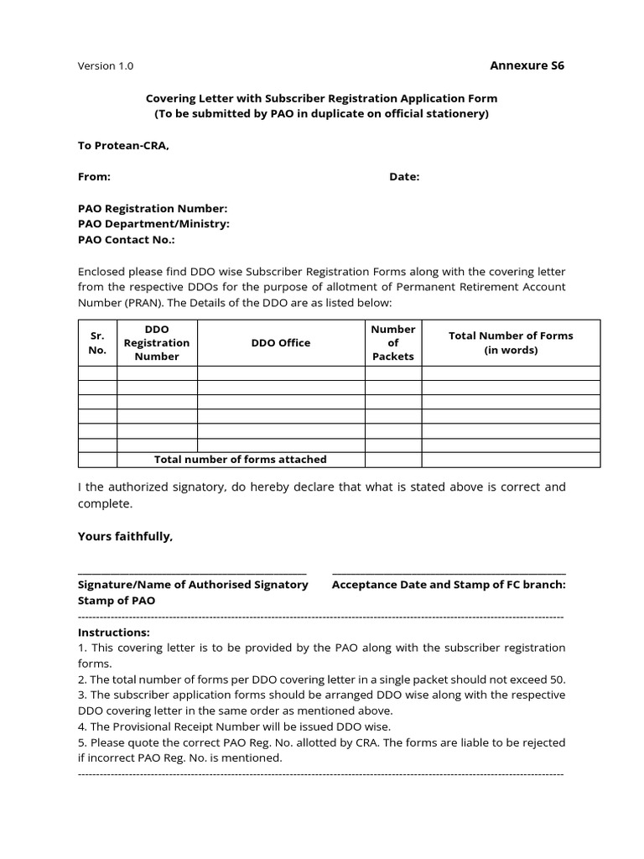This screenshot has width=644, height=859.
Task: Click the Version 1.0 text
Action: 105,66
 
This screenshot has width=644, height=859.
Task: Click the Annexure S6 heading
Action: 527,65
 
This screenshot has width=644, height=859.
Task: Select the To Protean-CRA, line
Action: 123,145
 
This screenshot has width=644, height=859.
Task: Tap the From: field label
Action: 94,177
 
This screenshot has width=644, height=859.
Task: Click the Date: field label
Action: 404,177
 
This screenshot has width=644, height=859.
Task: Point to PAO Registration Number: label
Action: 152,208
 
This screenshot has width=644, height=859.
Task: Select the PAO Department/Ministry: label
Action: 153,224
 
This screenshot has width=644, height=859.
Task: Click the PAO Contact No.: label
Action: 127,240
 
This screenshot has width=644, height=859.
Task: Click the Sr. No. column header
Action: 96,342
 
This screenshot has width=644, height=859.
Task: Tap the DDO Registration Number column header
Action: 157,342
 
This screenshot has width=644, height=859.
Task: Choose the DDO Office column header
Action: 281,342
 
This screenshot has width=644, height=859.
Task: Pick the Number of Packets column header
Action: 392,342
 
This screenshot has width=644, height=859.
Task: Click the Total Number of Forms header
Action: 511,342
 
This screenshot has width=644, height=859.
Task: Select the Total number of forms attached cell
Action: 241,460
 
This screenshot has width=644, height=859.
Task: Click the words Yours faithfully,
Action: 125,537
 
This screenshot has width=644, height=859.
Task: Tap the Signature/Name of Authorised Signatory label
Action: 193,585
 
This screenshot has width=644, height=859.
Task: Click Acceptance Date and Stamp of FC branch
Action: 449,585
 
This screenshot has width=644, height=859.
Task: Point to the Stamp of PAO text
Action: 117,601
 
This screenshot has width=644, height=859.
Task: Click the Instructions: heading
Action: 114,633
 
